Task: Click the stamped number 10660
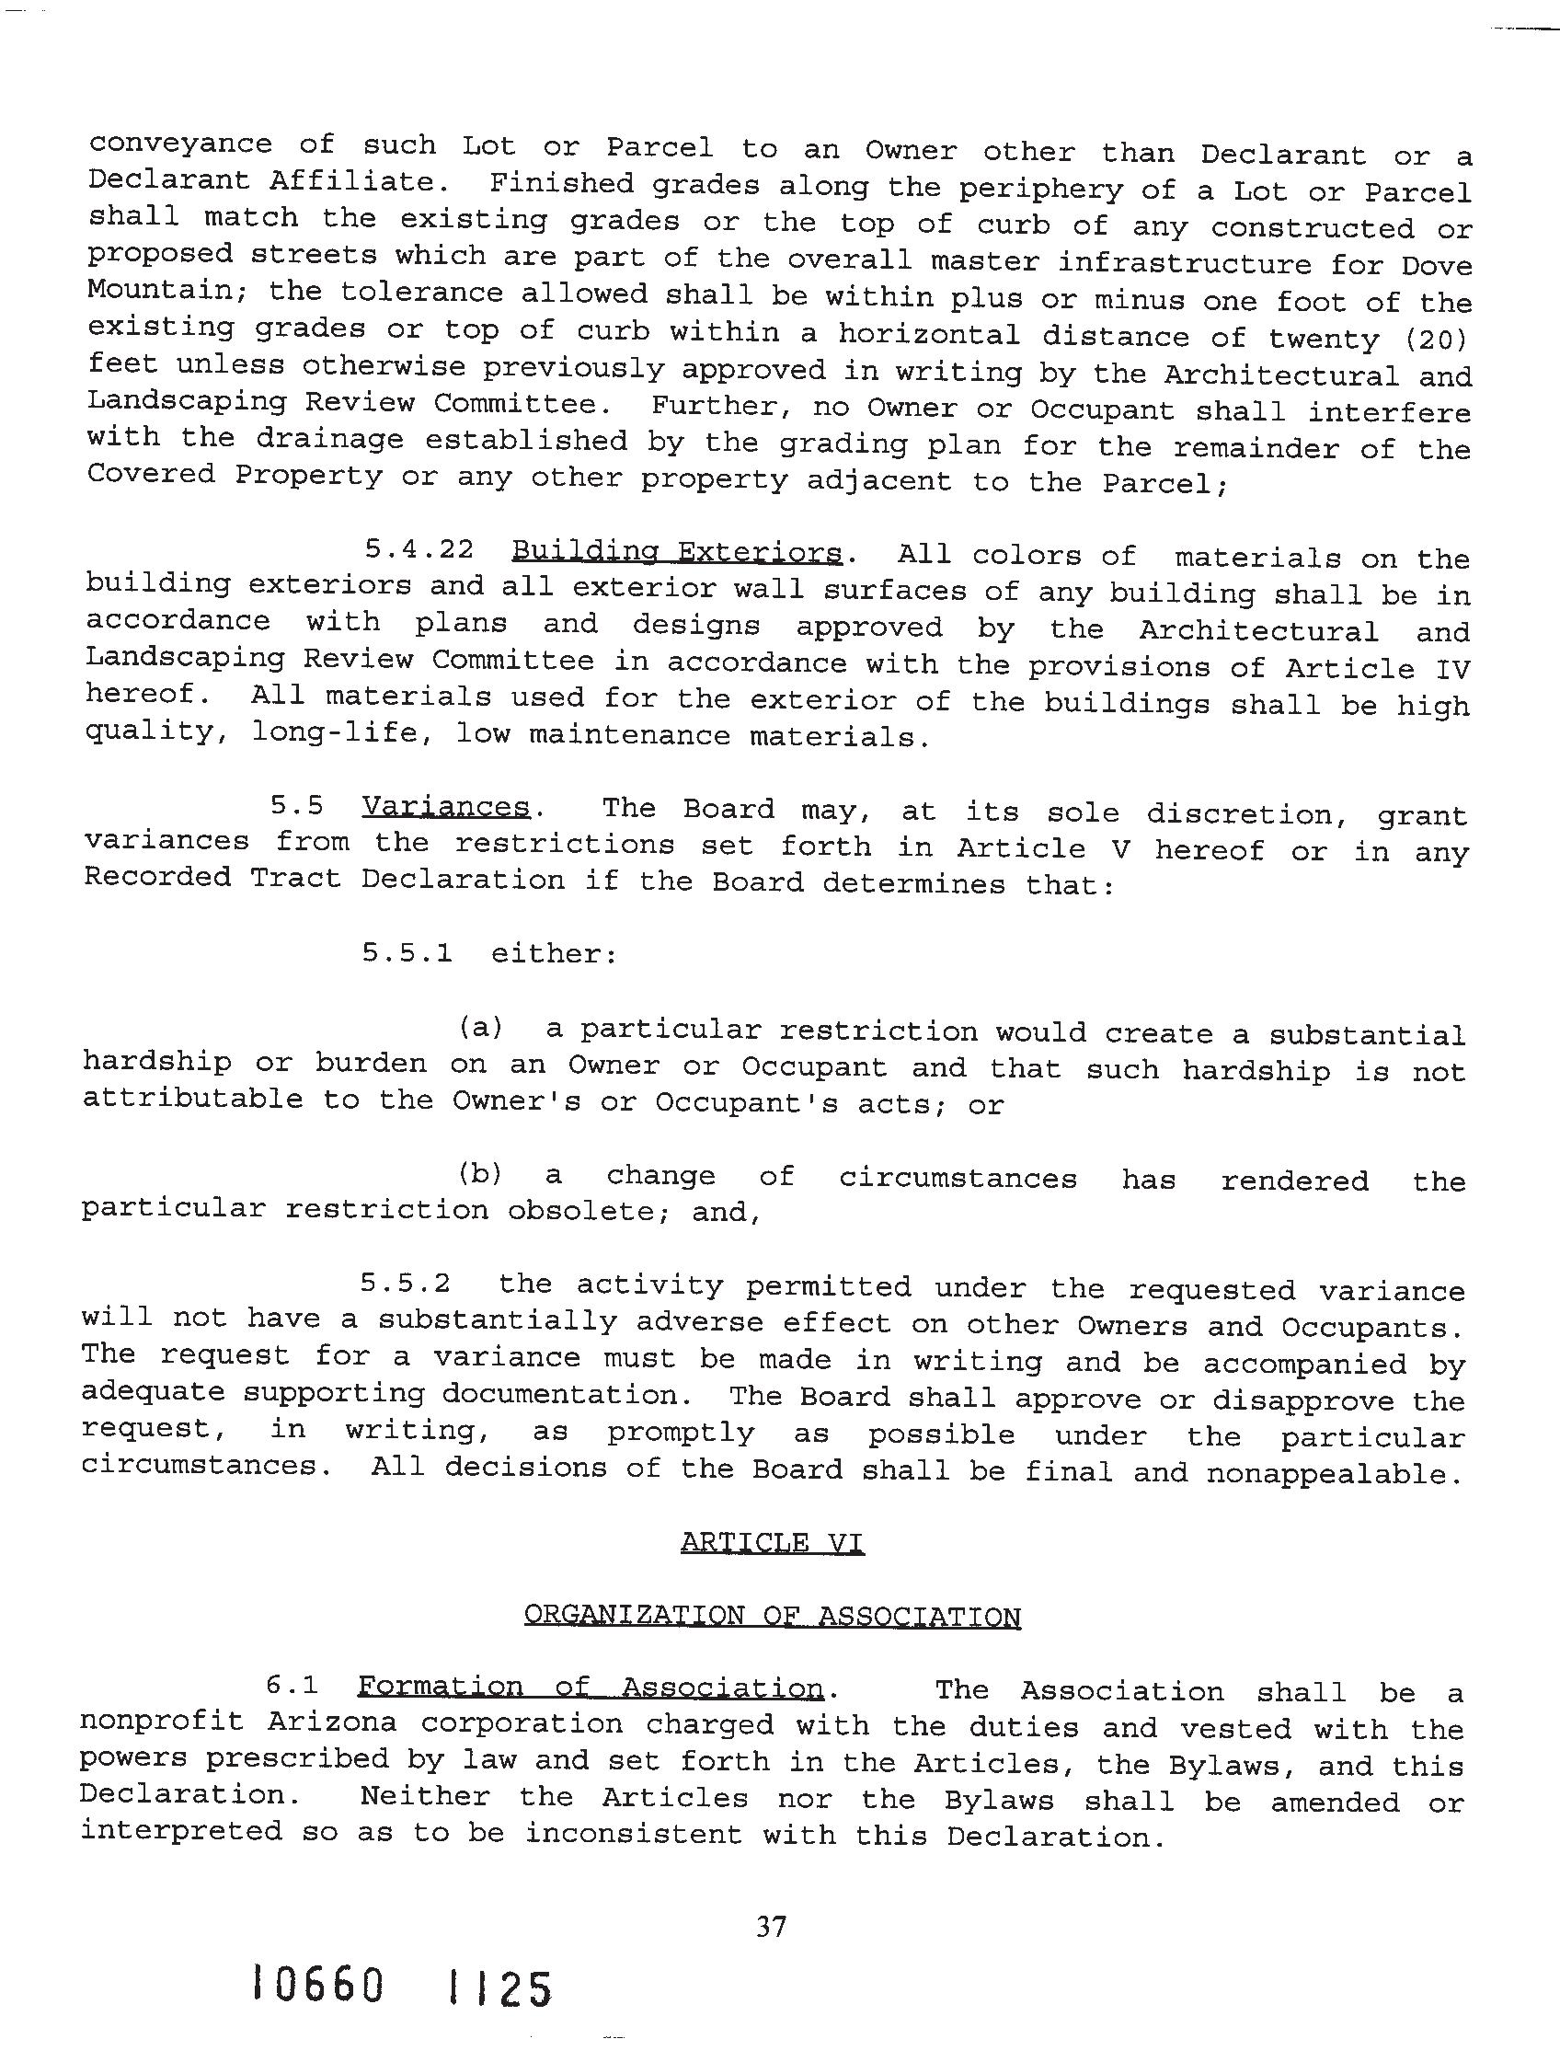[x=317, y=1987]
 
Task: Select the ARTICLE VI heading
[x=772, y=1543]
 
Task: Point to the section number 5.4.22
[x=419, y=549]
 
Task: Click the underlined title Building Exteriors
[x=677, y=552]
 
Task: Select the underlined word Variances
[x=444, y=806]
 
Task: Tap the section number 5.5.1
[x=407, y=952]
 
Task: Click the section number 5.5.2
[x=406, y=1284]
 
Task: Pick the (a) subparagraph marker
[x=481, y=1028]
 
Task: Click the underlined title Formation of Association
[x=590, y=1688]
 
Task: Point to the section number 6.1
[x=292, y=1686]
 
